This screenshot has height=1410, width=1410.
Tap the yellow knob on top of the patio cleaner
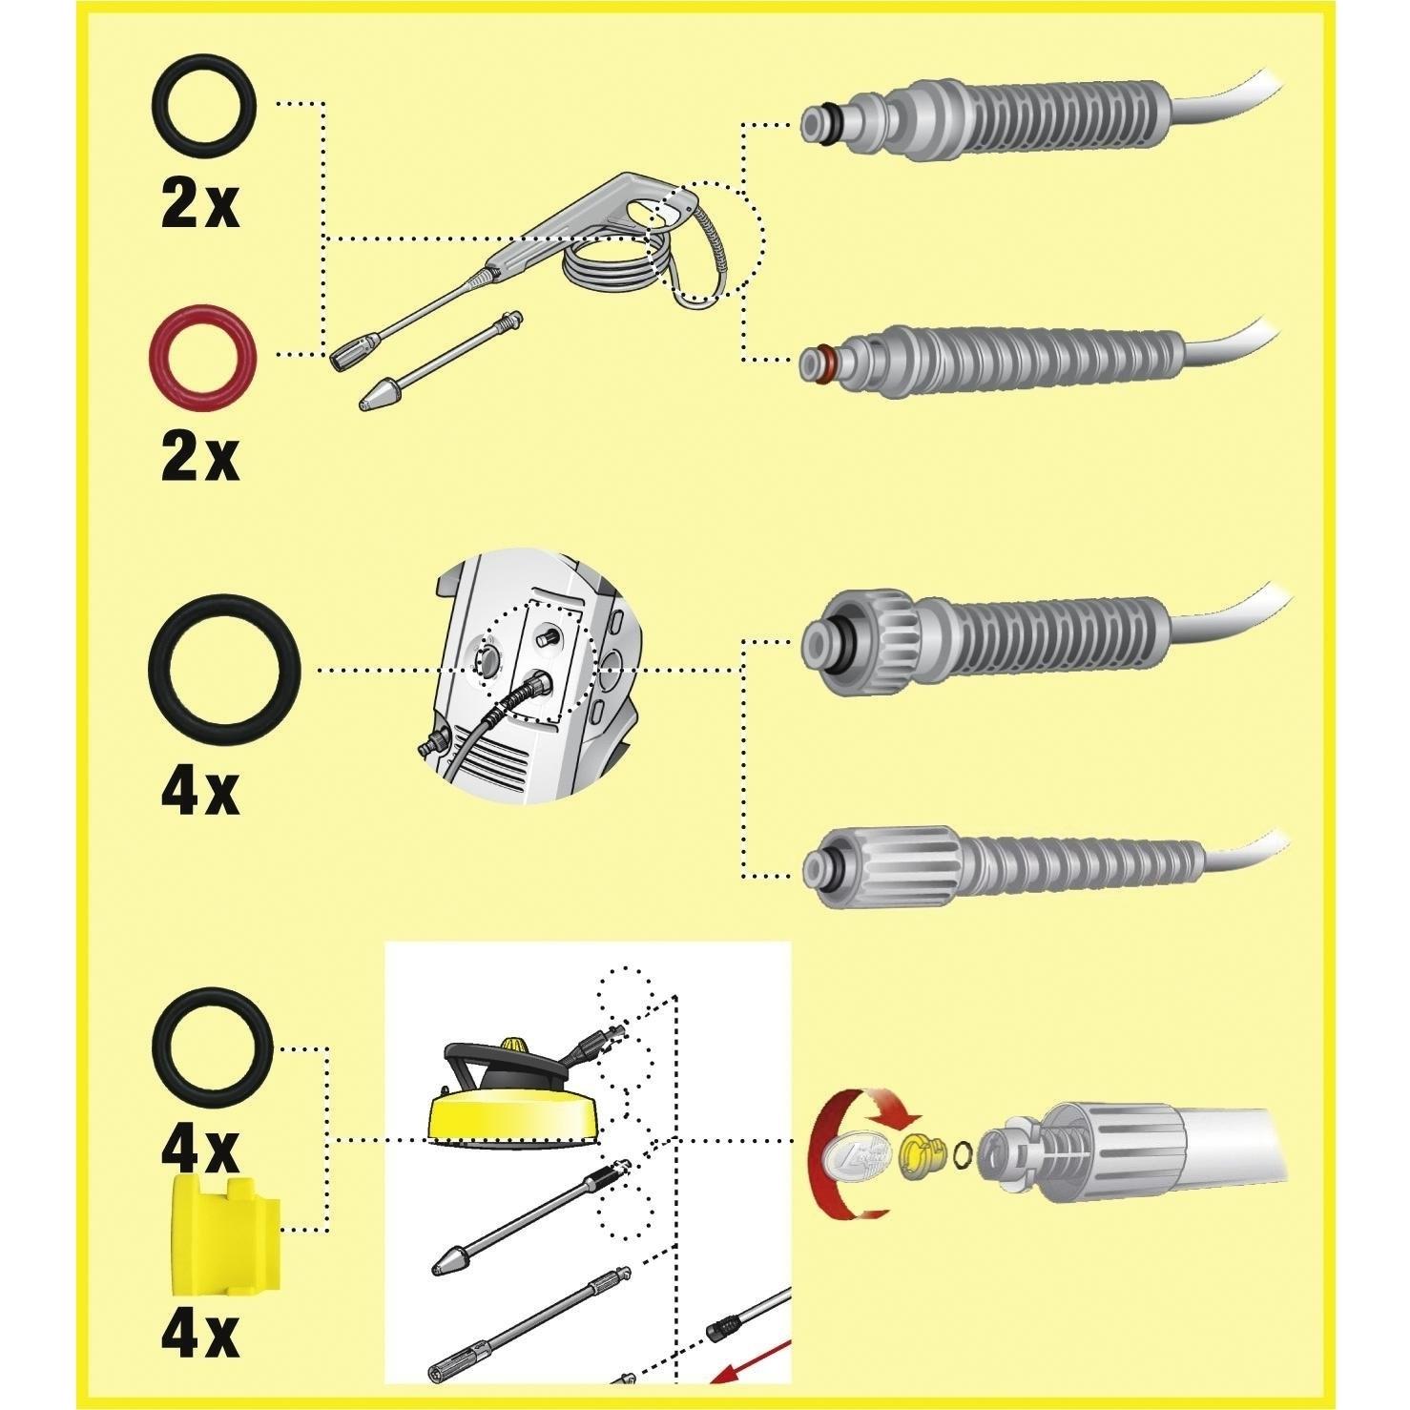(514, 1047)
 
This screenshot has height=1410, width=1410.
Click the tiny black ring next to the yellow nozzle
(964, 1151)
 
